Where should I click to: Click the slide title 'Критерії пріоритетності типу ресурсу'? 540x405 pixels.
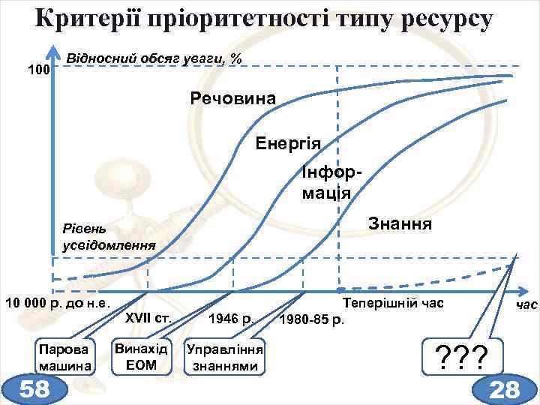pyautogui.click(x=264, y=19)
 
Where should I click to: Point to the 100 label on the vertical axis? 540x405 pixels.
pyautogui.click(x=37, y=70)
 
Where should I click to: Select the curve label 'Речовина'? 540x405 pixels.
pyautogui.click(x=233, y=99)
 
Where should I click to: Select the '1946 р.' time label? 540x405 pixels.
pyautogui.click(x=232, y=319)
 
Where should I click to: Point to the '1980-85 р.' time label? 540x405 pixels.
pyautogui.click(x=312, y=322)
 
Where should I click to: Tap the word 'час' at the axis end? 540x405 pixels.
pyautogui.click(x=526, y=306)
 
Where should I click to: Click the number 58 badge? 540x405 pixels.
pyautogui.click(x=34, y=388)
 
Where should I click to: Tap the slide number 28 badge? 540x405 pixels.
pyautogui.click(x=504, y=388)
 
